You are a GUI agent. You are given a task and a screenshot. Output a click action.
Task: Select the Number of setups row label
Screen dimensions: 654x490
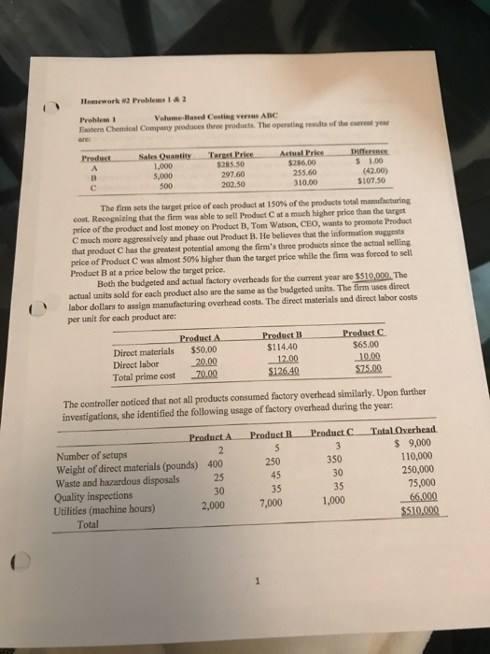pyautogui.click(x=110, y=453)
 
